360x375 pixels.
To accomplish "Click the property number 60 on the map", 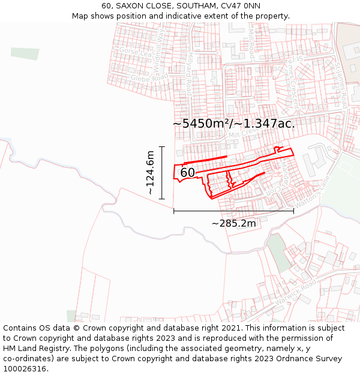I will click(187, 173).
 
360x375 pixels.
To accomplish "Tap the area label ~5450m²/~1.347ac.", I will click(234, 124).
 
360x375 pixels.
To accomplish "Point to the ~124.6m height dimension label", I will click(150, 173).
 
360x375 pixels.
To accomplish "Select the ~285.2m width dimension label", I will click(234, 223).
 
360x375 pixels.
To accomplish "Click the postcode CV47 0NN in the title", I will click(240, 5).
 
